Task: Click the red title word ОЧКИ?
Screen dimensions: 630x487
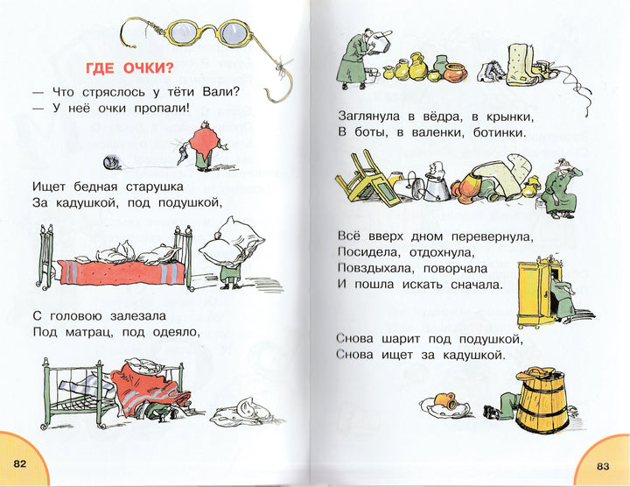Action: [x=149, y=68]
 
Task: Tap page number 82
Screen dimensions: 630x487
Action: [x=19, y=463]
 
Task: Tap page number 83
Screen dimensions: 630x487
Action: [x=603, y=467]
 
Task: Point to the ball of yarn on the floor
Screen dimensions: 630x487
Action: [x=110, y=162]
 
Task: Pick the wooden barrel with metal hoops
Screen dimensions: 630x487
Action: [x=542, y=401]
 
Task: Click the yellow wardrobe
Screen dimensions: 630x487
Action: [x=535, y=293]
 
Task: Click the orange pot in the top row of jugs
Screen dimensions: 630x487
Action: [x=455, y=73]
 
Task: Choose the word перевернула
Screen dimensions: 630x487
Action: [x=492, y=236]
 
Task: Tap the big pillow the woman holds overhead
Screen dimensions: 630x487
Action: [x=231, y=242]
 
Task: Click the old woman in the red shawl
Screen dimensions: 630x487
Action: [x=206, y=145]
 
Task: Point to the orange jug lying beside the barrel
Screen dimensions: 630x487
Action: [x=445, y=400]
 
